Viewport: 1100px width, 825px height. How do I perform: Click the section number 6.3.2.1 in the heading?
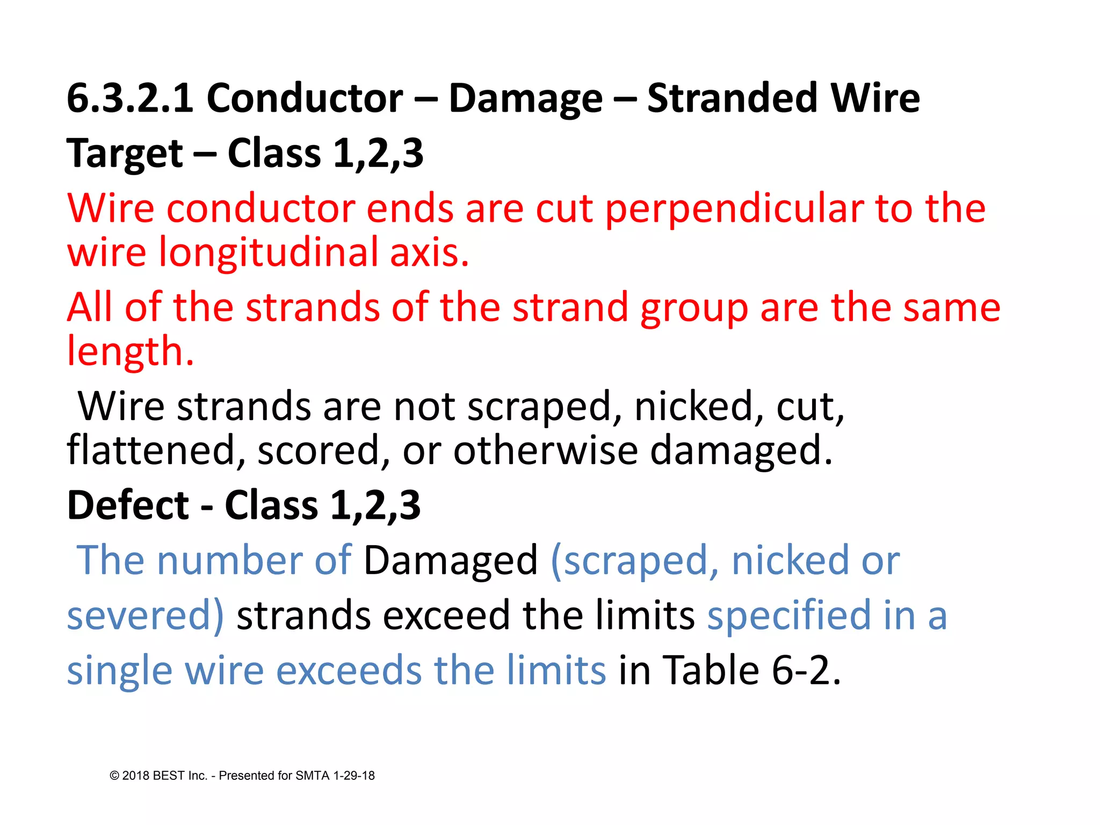coord(130,99)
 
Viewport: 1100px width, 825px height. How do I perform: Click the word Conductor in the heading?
coord(305,99)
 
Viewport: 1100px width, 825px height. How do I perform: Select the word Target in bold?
coord(125,154)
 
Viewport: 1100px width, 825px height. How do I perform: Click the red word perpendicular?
coord(734,209)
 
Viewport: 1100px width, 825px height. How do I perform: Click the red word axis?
coord(429,254)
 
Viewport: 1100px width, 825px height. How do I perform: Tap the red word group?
coord(694,309)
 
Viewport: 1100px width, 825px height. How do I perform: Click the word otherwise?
coord(546,451)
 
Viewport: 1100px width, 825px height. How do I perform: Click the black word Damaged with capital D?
coord(451,561)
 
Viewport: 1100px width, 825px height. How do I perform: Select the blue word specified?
coord(789,616)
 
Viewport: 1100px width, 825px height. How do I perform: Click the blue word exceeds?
coord(349,671)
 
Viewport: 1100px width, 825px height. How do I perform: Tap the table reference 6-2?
coord(806,671)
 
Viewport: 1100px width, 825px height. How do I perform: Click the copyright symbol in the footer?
coord(114,776)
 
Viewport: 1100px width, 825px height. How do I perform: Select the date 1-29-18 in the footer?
coord(354,776)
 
